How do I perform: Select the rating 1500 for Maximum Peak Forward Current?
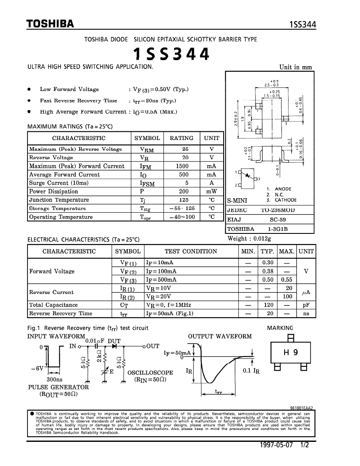(x=182, y=166)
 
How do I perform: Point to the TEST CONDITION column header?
(x=191, y=251)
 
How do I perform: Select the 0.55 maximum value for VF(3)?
(x=287, y=280)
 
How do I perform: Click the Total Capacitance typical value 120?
(x=267, y=305)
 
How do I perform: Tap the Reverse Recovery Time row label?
(x=61, y=313)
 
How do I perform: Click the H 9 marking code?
(x=290, y=352)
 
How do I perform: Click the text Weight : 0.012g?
(x=249, y=239)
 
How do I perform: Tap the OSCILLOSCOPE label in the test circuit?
(x=150, y=373)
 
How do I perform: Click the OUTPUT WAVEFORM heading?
(x=220, y=336)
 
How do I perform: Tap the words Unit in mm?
(x=296, y=67)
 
